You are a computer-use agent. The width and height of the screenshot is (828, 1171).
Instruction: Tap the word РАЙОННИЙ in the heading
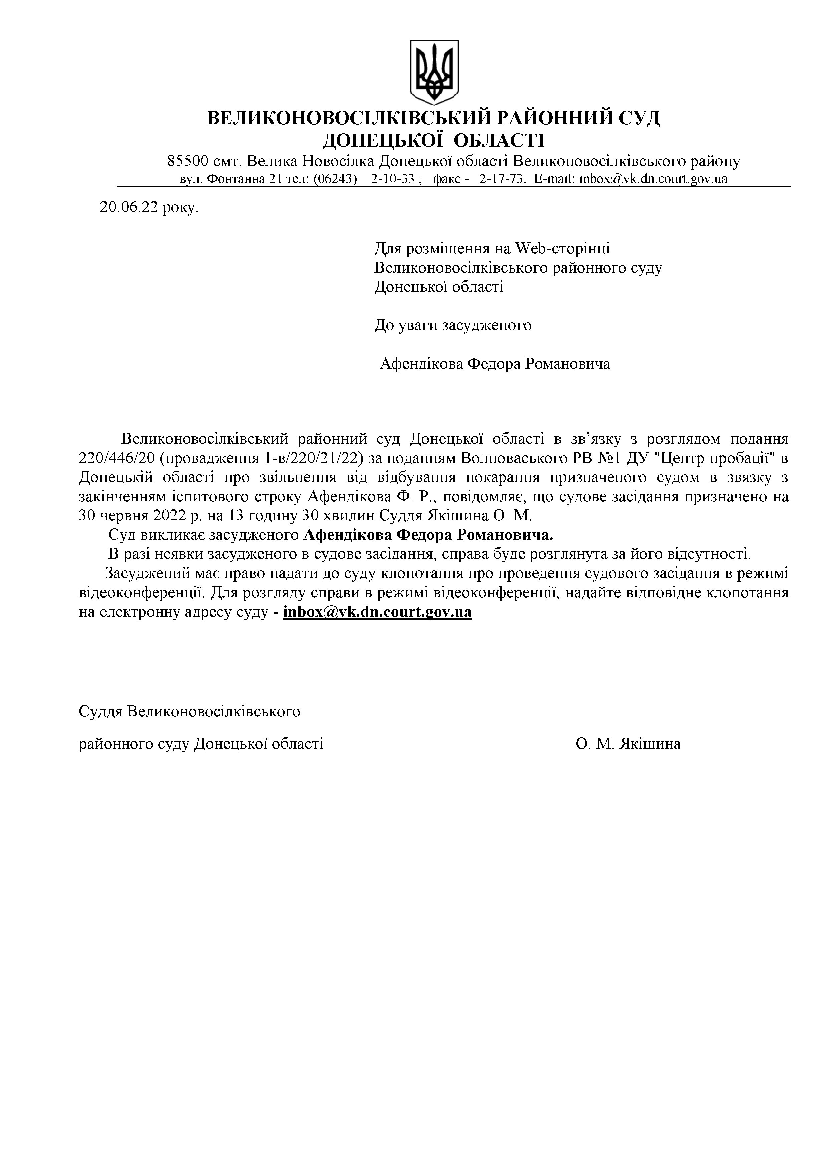pos(552,118)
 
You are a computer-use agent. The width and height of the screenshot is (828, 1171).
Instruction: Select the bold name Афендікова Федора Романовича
pos(429,535)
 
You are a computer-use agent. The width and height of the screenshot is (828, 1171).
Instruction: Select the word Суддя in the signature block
pos(100,711)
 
